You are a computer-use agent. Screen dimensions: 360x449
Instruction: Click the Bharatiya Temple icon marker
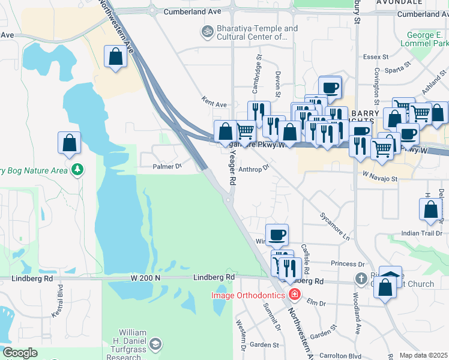tap(208, 31)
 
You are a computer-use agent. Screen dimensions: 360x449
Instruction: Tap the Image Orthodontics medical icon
tap(294, 294)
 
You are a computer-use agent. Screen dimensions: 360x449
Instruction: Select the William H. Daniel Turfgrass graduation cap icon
tap(155, 344)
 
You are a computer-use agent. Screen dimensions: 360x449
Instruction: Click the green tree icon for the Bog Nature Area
tap(76, 170)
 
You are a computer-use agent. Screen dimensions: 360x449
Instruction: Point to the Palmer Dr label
tap(167, 166)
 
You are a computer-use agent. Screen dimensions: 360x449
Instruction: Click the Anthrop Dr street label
tap(252, 169)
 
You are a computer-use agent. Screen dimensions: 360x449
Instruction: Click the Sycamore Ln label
tap(334, 225)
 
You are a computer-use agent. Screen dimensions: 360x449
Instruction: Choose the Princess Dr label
tap(348, 263)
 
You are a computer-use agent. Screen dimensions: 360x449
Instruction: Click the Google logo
tap(20, 353)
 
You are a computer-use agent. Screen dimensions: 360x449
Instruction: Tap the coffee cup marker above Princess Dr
tap(277, 235)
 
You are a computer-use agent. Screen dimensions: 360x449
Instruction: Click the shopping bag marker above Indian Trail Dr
tap(430, 209)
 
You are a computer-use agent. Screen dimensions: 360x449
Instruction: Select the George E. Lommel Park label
tap(423, 40)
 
